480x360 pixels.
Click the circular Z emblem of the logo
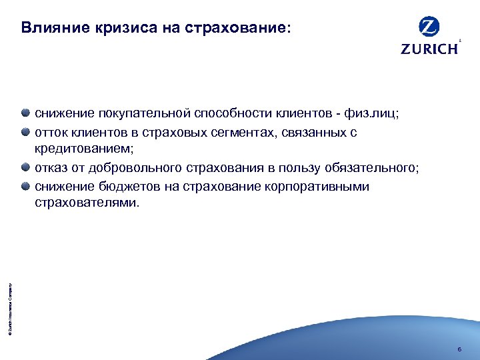coord(429,28)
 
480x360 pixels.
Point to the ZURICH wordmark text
coord(429,49)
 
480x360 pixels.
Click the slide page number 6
coord(459,349)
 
